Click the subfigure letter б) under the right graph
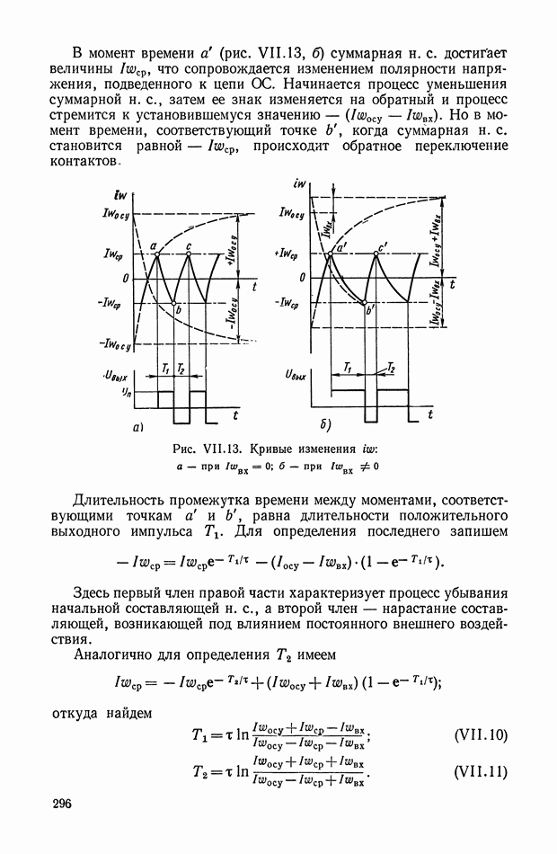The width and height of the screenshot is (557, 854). tap(325, 423)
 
